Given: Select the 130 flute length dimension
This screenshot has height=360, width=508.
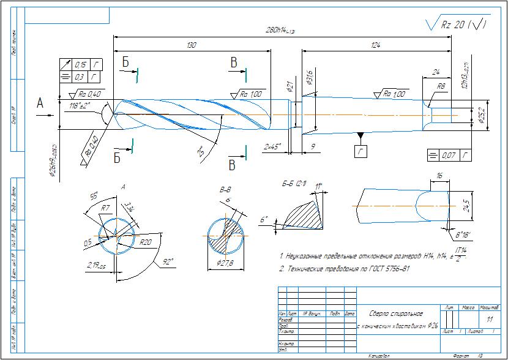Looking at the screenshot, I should pyautogui.click(x=192, y=45).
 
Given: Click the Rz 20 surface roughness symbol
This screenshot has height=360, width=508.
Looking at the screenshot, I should pyautogui.click(x=457, y=24).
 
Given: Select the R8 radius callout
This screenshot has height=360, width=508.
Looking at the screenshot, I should pyautogui.click(x=441, y=86).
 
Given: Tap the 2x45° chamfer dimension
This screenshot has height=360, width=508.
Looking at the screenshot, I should pyautogui.click(x=274, y=147).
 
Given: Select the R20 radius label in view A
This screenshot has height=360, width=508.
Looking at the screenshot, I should pyautogui.click(x=146, y=242).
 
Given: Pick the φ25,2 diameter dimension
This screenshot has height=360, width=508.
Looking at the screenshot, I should pyautogui.click(x=484, y=114).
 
